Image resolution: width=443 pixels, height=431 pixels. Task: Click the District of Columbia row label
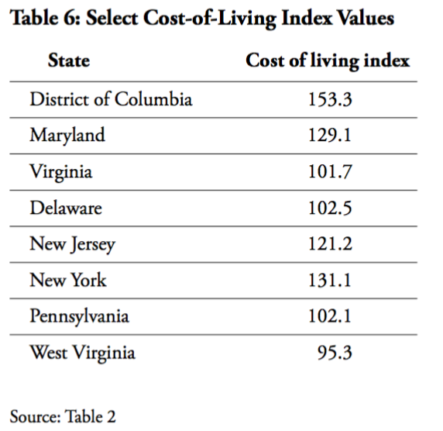(x=111, y=99)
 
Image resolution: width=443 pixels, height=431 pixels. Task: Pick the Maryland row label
(x=67, y=135)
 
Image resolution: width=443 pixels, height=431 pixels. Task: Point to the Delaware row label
(x=66, y=208)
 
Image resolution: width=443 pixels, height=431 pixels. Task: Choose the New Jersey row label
(x=72, y=244)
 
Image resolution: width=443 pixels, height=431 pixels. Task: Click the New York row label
(x=68, y=280)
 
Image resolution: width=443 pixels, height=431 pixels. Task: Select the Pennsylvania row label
(x=79, y=317)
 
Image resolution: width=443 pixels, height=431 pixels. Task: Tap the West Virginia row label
(x=82, y=353)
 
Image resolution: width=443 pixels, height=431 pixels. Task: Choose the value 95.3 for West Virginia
(x=335, y=353)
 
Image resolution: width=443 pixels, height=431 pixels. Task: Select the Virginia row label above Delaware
(x=60, y=171)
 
